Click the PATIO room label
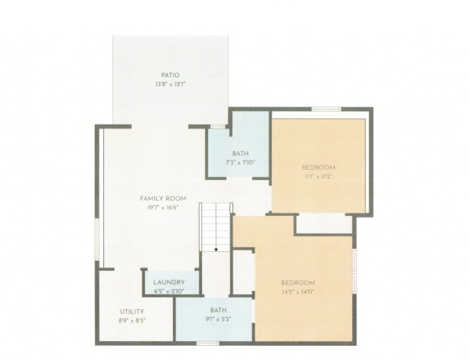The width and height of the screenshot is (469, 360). click(171, 75)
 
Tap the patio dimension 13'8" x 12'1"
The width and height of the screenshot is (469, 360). click(171, 84)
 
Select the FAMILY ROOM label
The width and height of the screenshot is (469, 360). click(162, 198)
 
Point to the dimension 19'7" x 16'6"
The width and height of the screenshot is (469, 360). click(162, 207)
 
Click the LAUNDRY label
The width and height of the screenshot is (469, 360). click(169, 282)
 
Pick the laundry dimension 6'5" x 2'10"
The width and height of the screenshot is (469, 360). click(169, 291)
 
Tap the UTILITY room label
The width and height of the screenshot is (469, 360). click(132, 311)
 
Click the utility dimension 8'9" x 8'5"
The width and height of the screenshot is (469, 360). click(132, 320)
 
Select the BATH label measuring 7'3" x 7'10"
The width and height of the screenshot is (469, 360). click(240, 153)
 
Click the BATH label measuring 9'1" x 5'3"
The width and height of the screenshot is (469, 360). click(218, 311)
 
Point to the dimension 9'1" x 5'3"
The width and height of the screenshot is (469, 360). click(218, 319)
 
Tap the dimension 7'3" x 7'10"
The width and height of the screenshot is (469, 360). click(240, 162)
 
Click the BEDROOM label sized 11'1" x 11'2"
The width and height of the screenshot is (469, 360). click(319, 167)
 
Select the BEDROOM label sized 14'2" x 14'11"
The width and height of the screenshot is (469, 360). click(298, 282)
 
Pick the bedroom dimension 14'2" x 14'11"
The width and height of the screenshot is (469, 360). click(298, 291)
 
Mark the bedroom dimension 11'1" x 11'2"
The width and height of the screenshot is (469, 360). click(319, 177)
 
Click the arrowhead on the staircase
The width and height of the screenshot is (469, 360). click(215, 250)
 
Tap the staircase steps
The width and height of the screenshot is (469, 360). click(215, 223)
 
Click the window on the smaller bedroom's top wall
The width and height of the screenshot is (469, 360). click(326, 109)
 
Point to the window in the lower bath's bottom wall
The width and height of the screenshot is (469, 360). click(207, 343)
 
